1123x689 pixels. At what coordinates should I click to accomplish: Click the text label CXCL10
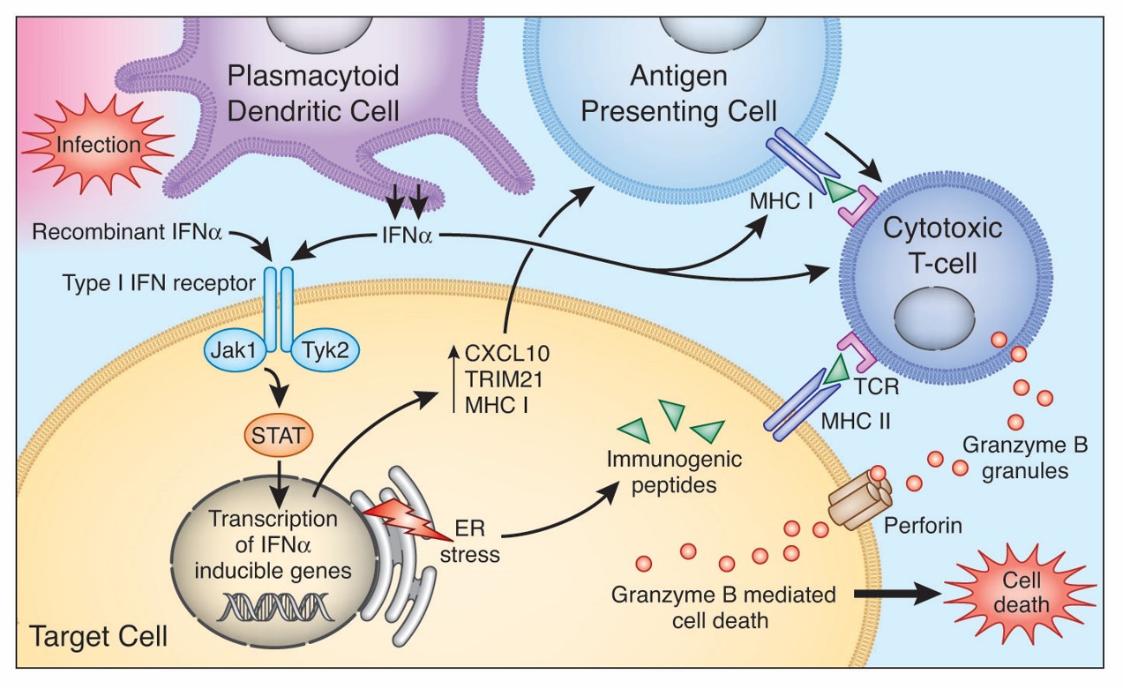(x=498, y=356)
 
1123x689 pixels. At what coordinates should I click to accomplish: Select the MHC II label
(x=852, y=422)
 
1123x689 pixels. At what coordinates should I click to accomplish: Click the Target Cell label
(x=99, y=635)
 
